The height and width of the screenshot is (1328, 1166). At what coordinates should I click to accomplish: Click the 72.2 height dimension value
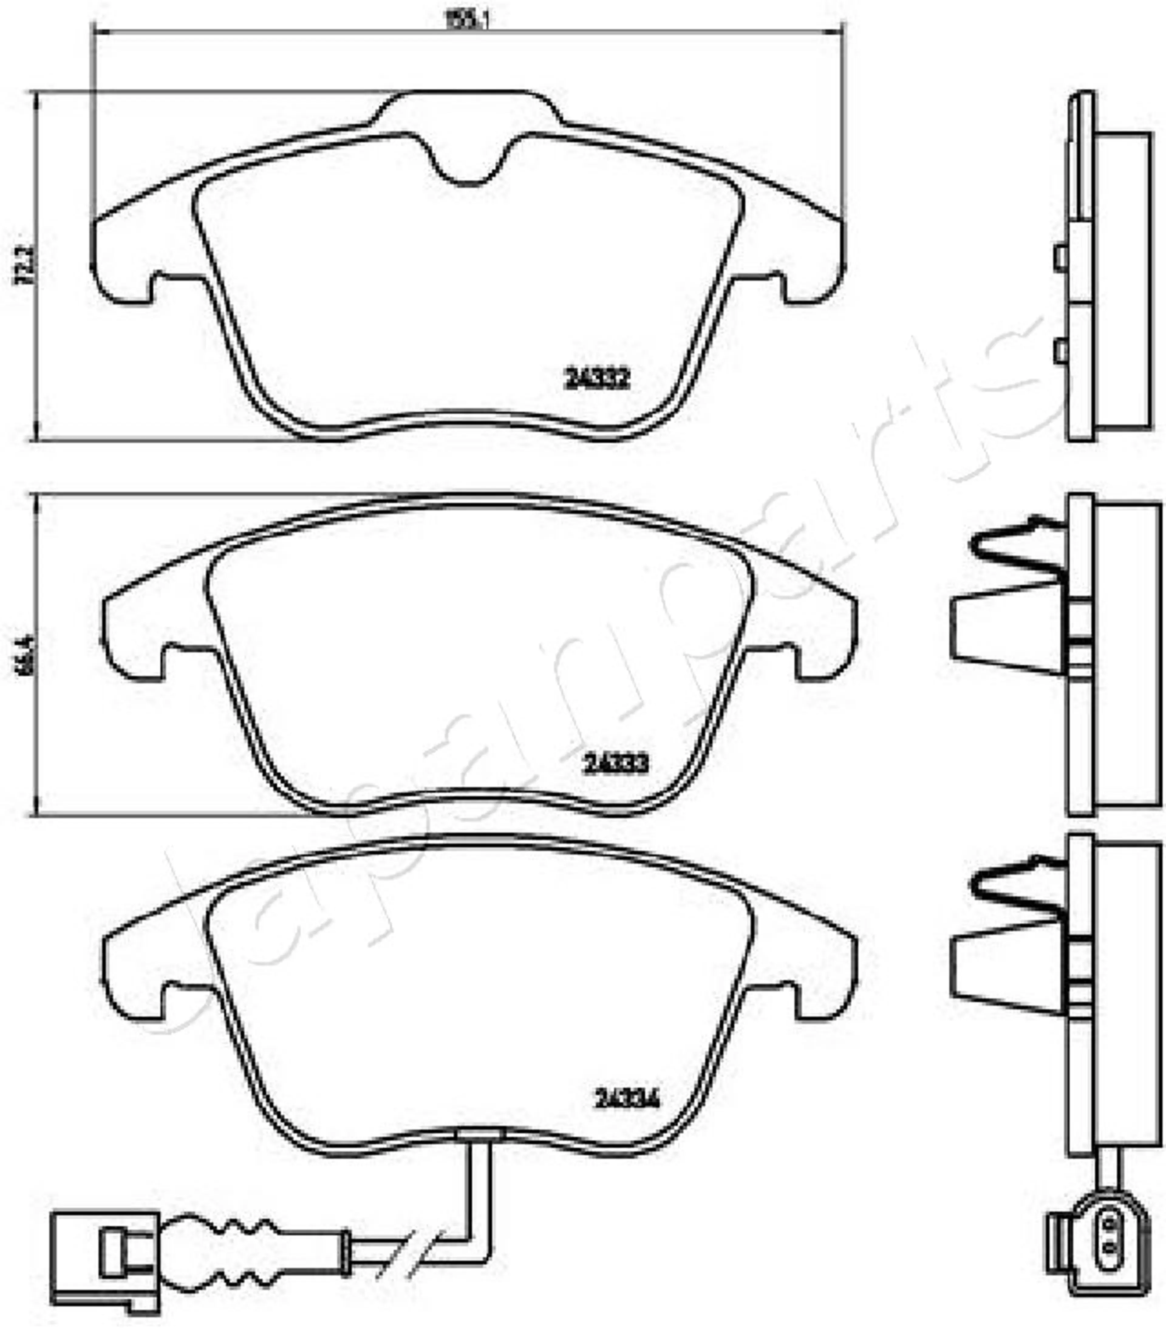tap(26, 265)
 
